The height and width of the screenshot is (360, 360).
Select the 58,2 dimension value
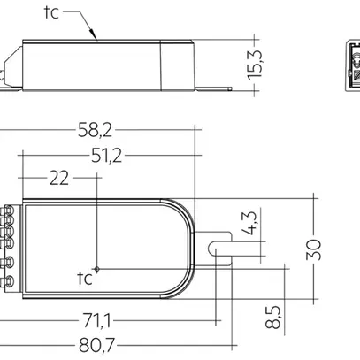click(x=106, y=130)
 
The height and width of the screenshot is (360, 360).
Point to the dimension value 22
click(x=59, y=178)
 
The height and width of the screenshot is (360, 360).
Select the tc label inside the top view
click(x=85, y=279)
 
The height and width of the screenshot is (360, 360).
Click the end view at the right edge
click(x=349, y=65)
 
